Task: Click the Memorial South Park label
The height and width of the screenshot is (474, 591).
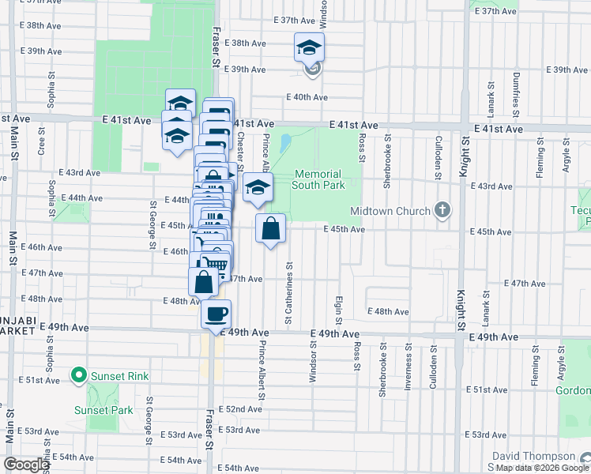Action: tap(318, 179)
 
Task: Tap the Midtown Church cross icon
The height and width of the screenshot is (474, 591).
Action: tap(442, 210)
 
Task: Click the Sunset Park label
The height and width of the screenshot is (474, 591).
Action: tap(103, 410)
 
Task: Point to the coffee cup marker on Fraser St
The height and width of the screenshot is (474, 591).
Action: tap(216, 314)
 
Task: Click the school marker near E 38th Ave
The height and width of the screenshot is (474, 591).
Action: tap(309, 48)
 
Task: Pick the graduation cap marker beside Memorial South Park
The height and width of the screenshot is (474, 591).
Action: tap(257, 188)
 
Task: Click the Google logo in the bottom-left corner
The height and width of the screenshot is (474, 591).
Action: tap(26, 465)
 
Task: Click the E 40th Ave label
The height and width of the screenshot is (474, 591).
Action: tap(307, 97)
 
